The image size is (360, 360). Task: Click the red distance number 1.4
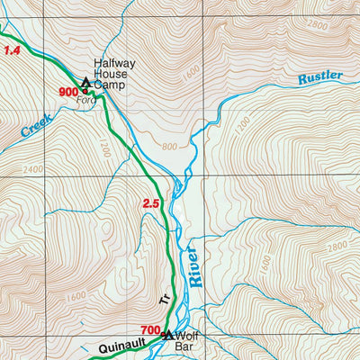pos(11,52)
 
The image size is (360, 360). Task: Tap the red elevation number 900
pos(68,91)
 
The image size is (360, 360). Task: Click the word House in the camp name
pos(111,76)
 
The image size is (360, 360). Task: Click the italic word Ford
pos(86,101)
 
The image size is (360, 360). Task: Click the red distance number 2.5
pos(150,204)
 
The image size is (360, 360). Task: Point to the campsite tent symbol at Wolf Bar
pos(168,336)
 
